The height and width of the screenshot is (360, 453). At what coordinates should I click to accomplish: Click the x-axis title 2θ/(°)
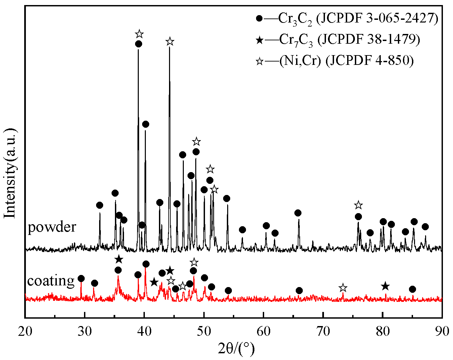click(236, 349)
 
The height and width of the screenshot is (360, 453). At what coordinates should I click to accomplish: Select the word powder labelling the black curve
click(52, 227)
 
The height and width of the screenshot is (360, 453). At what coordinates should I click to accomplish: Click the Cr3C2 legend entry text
click(358, 19)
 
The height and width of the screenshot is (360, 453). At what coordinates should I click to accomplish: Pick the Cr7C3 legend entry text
click(349, 40)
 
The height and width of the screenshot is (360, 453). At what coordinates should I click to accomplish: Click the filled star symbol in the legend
click(259, 40)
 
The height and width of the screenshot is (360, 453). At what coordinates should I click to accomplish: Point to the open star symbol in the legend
click(259, 61)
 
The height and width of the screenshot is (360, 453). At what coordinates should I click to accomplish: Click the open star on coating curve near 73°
click(343, 288)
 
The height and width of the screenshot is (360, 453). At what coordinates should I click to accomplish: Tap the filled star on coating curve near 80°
click(385, 286)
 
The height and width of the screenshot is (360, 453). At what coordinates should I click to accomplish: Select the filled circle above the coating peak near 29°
click(81, 278)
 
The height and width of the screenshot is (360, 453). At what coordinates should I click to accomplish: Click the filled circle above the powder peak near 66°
click(298, 213)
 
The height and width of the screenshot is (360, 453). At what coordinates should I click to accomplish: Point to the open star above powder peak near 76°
click(359, 205)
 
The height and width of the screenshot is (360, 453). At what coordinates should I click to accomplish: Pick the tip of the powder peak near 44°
click(169, 48)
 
